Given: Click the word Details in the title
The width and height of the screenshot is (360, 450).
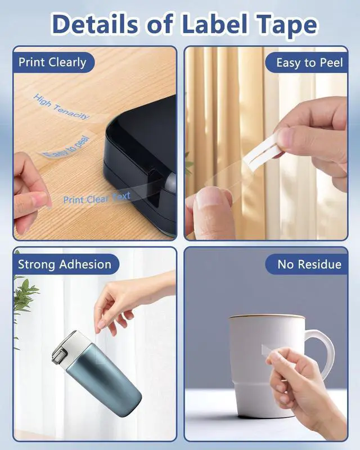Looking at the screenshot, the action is click(95, 24).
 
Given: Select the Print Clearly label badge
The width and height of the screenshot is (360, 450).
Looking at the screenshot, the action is click(53, 62).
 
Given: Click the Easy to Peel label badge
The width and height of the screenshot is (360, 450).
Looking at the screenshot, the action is click(307, 62).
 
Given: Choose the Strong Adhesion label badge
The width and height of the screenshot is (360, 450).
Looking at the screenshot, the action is click(65, 264).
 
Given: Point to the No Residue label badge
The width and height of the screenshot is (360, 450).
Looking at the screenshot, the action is click(307, 264).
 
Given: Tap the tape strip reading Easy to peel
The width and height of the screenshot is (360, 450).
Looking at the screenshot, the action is click(66, 146).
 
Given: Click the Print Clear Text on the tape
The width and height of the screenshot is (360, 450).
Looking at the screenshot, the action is click(97, 198).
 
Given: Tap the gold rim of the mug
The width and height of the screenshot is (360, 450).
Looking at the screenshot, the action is click(267, 316).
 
